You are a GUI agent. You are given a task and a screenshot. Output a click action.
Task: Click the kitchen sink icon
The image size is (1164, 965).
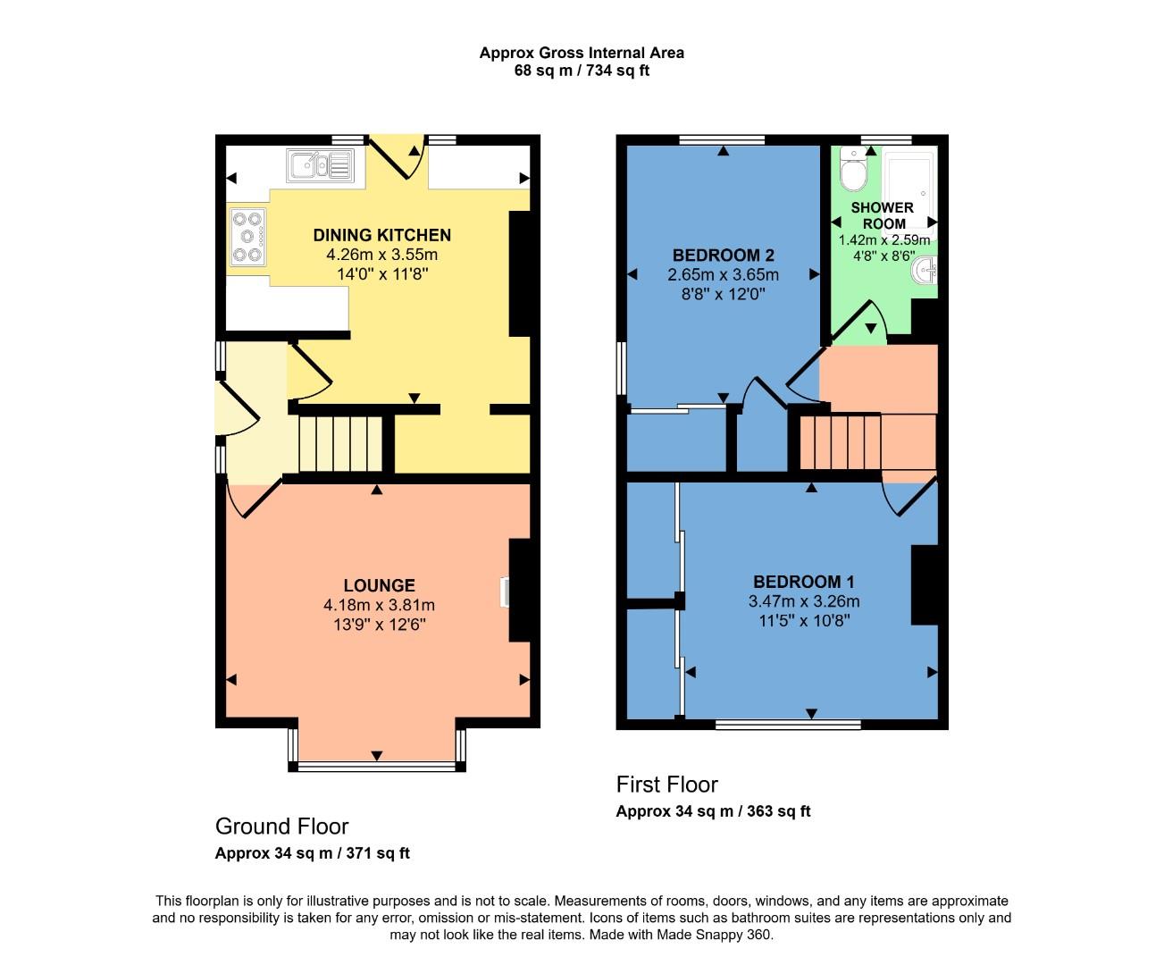click(x=319, y=165)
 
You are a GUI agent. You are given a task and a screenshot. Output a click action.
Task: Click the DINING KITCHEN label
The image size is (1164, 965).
click(x=381, y=236)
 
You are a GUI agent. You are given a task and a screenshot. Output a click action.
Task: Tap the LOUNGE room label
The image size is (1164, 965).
click(x=379, y=586)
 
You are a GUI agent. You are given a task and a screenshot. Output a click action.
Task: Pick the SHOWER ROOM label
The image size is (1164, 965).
click(x=883, y=215)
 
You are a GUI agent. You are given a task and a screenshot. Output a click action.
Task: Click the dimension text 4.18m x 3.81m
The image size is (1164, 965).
click(x=379, y=606)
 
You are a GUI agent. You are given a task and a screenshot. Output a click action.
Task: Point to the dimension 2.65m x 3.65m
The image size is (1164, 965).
click(x=723, y=275)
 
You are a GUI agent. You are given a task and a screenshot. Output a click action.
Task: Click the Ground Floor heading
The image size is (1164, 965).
click(x=281, y=827)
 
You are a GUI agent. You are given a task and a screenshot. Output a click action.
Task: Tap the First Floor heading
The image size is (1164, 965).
click(x=666, y=785)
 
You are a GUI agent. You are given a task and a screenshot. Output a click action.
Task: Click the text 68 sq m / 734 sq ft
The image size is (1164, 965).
click(x=582, y=71)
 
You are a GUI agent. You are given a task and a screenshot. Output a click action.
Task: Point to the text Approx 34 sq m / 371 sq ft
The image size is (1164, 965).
click(x=312, y=853)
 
